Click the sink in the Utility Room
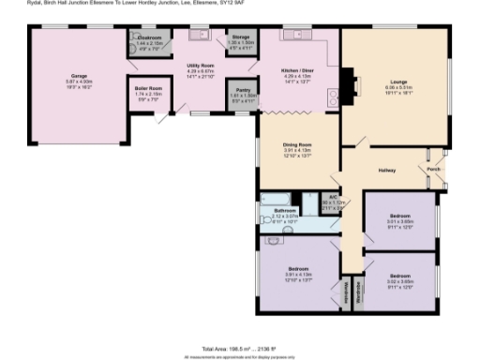[x=199, y=36]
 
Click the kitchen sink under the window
[x=302, y=36]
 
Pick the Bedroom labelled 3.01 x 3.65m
[x=400, y=216]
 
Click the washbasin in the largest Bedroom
[x=274, y=240]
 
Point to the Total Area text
[x=240, y=347]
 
